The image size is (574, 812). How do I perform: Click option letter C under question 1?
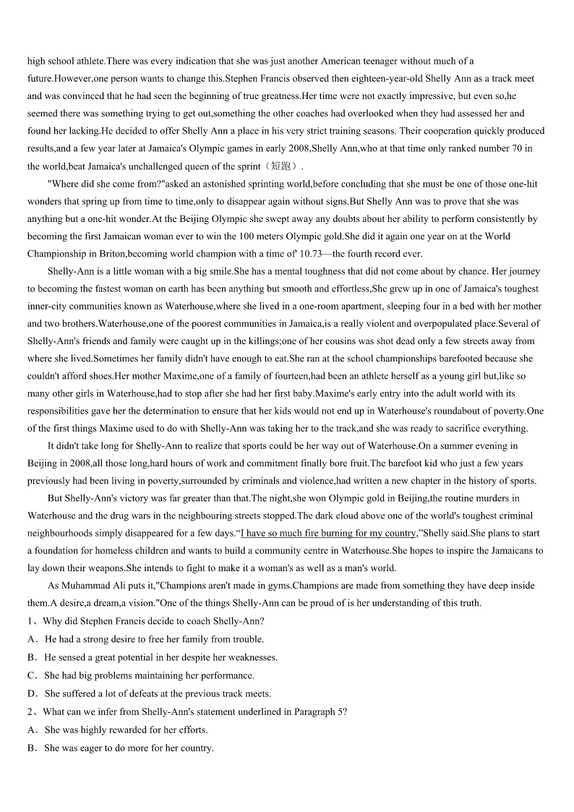point(33,675)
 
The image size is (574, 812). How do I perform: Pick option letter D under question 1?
point(33,693)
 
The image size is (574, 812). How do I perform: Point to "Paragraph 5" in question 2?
point(316,711)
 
